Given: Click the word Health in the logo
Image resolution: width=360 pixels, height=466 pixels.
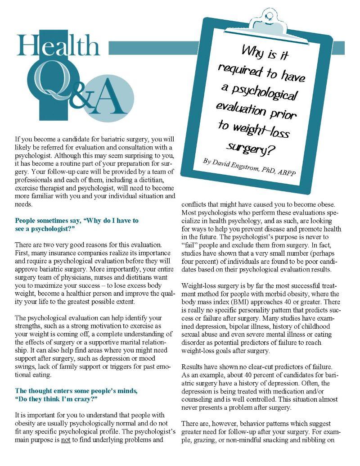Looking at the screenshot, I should point(58,46).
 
